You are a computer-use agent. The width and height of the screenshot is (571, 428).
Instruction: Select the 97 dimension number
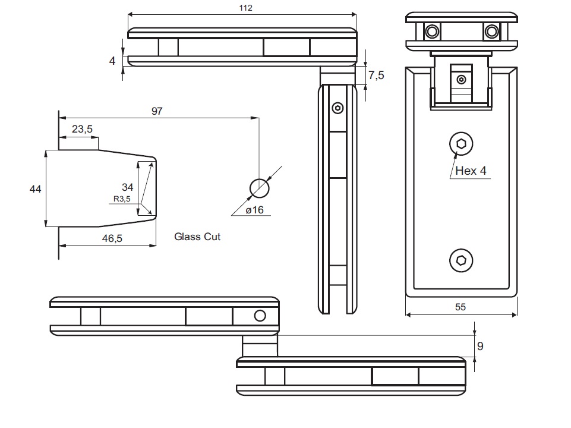(157, 111)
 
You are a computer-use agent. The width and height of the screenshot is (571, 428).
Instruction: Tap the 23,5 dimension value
(82, 129)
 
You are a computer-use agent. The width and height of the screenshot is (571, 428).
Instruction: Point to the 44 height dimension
(36, 189)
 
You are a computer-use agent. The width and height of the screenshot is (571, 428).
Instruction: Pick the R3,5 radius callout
(121, 199)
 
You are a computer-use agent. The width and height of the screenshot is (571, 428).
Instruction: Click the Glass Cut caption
(197, 237)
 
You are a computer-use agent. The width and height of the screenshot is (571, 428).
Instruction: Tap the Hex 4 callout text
(471, 171)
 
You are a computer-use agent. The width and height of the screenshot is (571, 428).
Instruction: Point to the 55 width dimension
(460, 307)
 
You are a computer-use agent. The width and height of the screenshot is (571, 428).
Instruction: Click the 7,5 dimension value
(376, 75)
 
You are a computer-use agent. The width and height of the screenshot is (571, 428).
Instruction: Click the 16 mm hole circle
(259, 188)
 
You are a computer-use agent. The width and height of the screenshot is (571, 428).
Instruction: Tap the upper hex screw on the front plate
(461, 143)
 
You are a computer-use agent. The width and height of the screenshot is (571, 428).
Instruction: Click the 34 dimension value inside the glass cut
(128, 187)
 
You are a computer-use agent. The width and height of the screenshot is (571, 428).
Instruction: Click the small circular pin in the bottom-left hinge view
(260, 316)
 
